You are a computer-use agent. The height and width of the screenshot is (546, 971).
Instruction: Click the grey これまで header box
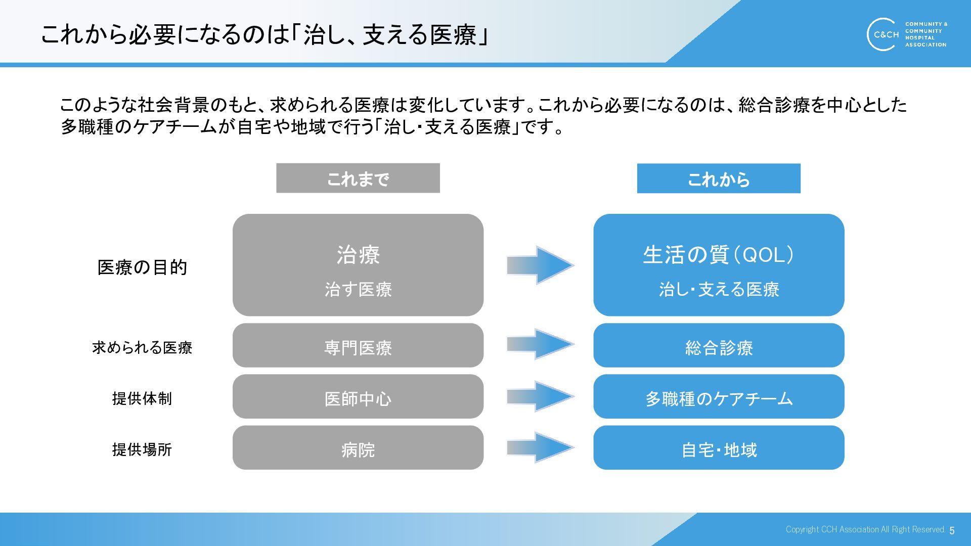point(358,178)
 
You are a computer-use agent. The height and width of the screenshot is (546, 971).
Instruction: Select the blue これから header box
point(718,178)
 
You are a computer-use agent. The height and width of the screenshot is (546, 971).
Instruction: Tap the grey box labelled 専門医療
point(358,346)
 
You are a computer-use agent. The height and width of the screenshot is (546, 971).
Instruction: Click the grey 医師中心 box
point(358,397)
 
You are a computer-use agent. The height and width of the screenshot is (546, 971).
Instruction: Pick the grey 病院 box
point(358,448)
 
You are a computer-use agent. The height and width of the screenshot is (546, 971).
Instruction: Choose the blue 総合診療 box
point(718,346)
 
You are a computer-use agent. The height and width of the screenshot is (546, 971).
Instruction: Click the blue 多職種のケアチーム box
point(718,397)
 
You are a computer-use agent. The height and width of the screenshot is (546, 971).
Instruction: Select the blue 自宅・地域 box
point(718,448)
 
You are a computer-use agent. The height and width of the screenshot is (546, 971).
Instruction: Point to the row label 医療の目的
point(142,267)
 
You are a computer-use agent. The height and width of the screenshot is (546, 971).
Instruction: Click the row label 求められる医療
point(142,347)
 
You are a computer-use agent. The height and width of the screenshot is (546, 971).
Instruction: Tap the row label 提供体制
point(142,398)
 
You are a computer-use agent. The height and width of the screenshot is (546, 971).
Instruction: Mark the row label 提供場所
point(142,449)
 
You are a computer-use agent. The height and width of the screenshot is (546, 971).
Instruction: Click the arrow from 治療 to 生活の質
point(540,265)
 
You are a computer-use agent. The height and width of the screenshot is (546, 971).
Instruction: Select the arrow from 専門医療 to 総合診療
point(540,344)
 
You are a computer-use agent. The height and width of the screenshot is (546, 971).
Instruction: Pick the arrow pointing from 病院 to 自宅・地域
point(540,447)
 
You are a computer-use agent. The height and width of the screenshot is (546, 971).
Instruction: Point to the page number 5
point(952,530)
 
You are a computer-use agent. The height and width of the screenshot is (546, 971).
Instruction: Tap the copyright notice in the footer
point(865,529)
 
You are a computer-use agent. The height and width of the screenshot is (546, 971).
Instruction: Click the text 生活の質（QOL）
point(718,254)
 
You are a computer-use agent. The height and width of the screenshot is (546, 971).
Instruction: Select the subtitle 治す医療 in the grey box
point(358,289)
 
